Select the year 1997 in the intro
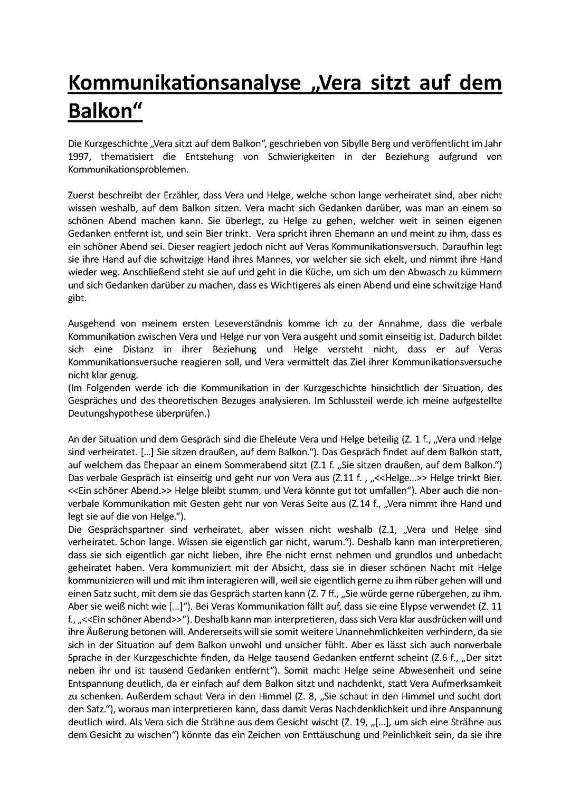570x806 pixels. click(x=79, y=156)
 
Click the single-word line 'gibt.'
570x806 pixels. click(x=77, y=298)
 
